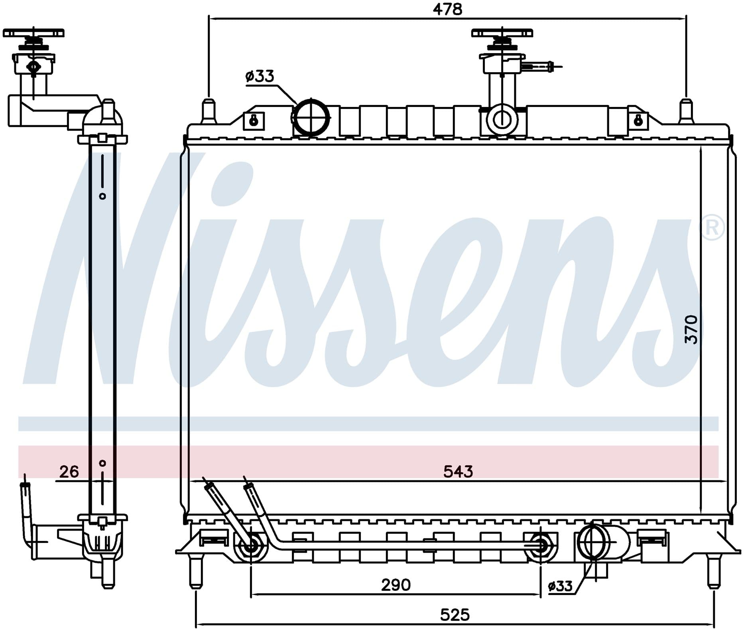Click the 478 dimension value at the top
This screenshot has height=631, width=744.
pyautogui.click(x=447, y=9)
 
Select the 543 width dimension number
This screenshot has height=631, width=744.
pyautogui.click(x=458, y=472)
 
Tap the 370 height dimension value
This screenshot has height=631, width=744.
pyautogui.click(x=692, y=329)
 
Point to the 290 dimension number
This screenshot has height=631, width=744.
pyautogui.click(x=396, y=585)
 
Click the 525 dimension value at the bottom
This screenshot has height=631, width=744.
pyautogui.click(x=455, y=615)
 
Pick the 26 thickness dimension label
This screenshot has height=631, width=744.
pyautogui.click(x=69, y=472)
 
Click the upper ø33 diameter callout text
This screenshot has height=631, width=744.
pyautogui.click(x=260, y=76)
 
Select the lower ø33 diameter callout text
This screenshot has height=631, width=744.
pyautogui.click(x=560, y=586)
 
